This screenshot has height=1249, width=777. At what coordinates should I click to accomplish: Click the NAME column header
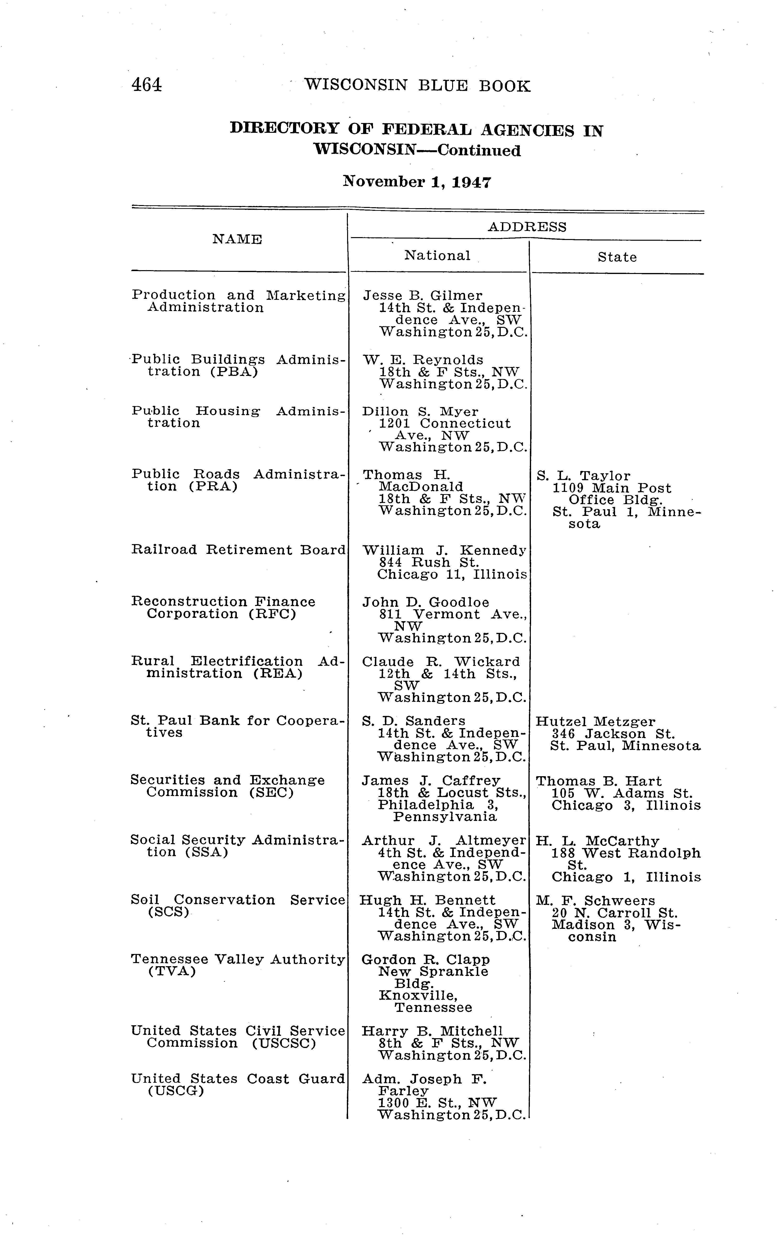tap(237, 240)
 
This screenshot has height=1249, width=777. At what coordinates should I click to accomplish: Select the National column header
tap(437, 256)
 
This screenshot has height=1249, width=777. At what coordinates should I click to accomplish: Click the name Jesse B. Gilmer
tap(422, 296)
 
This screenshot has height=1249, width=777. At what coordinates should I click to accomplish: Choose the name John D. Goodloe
tap(426, 602)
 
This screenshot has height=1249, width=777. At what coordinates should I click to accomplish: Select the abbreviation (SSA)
tap(208, 852)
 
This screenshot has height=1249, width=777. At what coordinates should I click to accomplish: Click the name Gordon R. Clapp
tap(426, 960)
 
